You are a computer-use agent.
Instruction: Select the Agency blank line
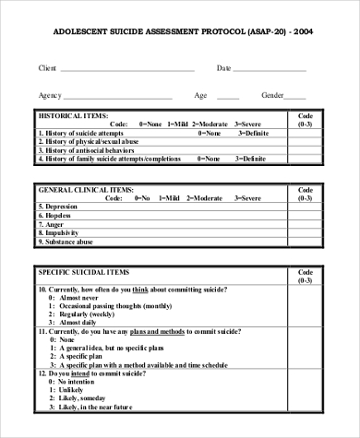pyautogui.click(x=117, y=97)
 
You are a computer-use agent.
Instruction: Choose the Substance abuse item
pyautogui.click(x=69, y=241)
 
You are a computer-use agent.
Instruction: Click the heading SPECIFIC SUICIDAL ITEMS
pyautogui.click(x=82, y=274)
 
